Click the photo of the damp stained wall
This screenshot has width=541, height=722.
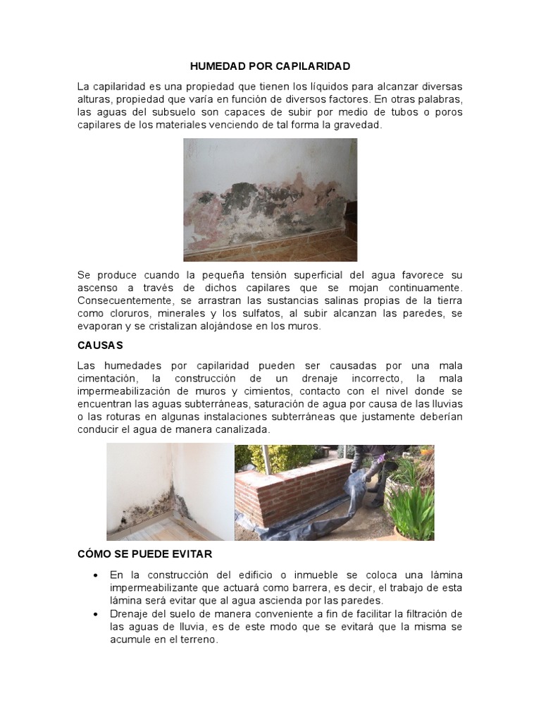coord(270,190)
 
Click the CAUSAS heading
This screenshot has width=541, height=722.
coord(99,345)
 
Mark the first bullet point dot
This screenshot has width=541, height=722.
coord(95,576)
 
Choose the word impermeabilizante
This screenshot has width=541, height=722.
coord(147,588)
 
